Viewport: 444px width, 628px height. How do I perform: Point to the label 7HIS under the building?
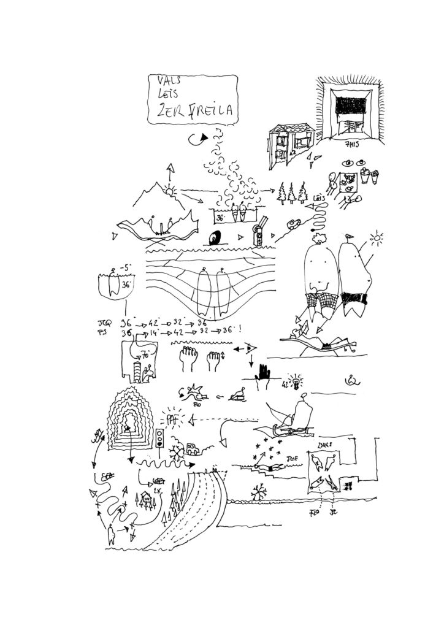(x=352, y=145)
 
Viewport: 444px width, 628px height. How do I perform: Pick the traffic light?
(x=161, y=438)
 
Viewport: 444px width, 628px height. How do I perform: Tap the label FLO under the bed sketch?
(x=315, y=511)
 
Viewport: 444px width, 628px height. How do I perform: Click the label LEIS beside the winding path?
(x=318, y=198)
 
